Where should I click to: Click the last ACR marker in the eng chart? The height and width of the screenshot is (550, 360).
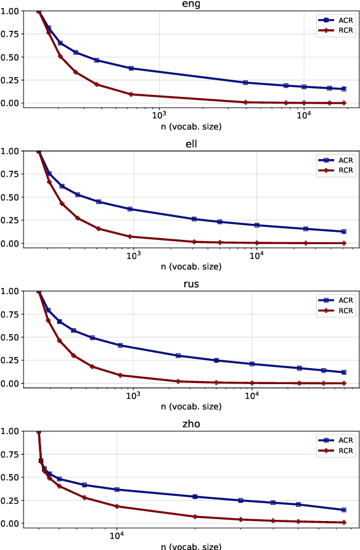[x=344, y=89]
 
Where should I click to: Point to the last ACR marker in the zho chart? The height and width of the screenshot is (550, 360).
[x=343, y=510]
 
